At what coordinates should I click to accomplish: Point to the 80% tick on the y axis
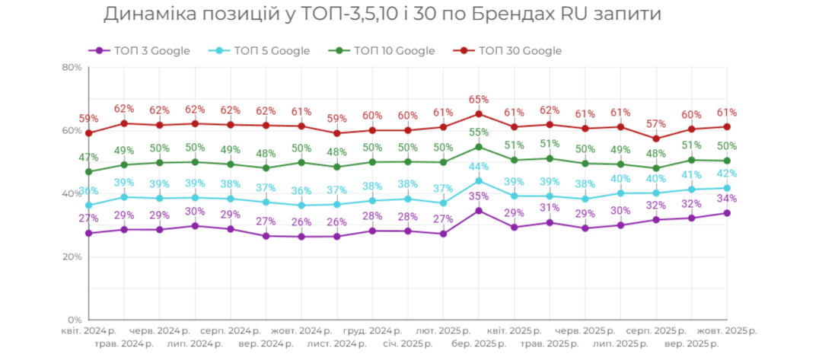(x=72, y=67)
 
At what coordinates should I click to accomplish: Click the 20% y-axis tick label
(x=72, y=256)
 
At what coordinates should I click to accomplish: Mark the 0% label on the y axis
(x=75, y=320)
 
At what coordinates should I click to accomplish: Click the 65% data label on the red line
(x=479, y=100)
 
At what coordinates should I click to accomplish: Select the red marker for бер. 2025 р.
(x=479, y=114)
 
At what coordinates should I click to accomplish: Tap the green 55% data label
(x=479, y=132)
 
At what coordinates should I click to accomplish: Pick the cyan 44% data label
(x=479, y=167)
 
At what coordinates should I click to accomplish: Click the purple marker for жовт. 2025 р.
(x=727, y=213)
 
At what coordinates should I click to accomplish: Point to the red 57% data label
(x=656, y=124)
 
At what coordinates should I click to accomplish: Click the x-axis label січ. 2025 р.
(x=407, y=344)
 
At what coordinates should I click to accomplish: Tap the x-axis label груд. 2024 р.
(x=372, y=331)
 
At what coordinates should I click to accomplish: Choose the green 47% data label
(x=88, y=158)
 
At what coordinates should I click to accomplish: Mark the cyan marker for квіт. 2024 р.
(x=88, y=205)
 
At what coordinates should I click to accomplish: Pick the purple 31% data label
(x=550, y=208)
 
